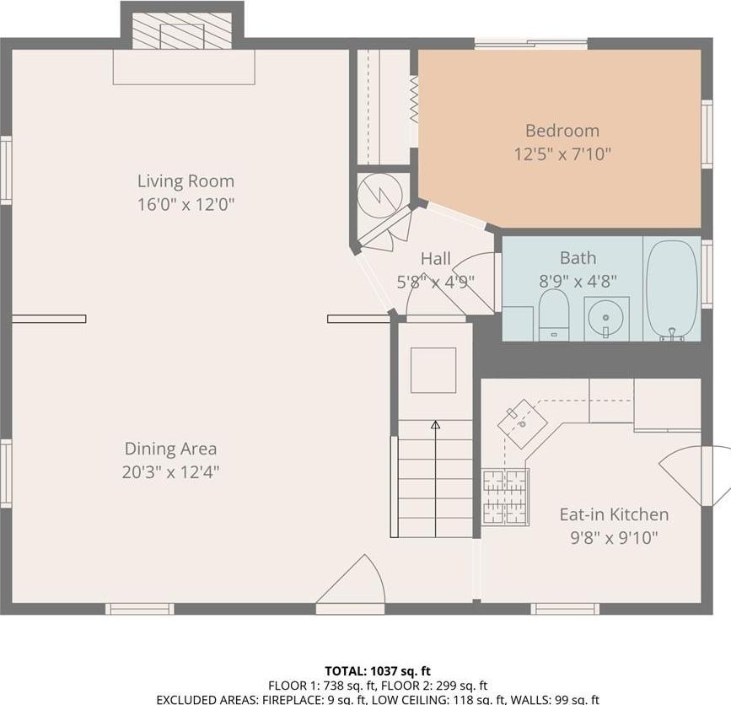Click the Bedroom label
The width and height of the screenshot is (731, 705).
(x=562, y=131)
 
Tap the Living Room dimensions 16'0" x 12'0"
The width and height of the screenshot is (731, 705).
(x=185, y=204)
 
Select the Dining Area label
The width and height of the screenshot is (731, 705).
(x=170, y=449)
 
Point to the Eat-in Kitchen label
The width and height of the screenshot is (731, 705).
(x=614, y=514)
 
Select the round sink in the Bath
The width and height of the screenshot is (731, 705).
(x=606, y=319)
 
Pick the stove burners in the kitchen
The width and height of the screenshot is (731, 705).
(x=505, y=497)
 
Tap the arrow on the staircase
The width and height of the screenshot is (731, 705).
(x=435, y=426)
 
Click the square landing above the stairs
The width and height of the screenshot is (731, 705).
(x=433, y=370)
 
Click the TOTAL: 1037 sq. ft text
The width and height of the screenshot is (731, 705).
(x=377, y=671)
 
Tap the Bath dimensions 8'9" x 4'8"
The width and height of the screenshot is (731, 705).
(x=578, y=282)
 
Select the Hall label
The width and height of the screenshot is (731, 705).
(x=436, y=259)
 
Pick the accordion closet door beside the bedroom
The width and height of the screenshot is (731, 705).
(x=414, y=100)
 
